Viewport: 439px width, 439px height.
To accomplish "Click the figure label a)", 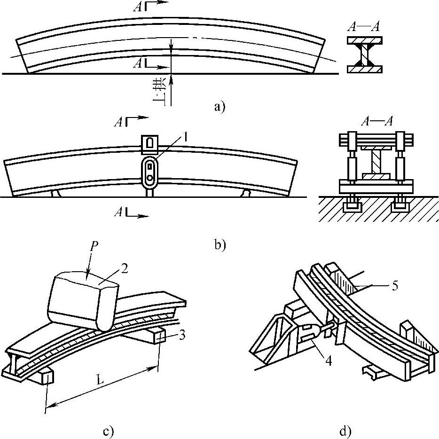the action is (219, 107).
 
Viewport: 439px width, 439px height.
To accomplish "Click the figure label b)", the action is (220, 244).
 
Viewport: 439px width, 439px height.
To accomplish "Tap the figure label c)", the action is (109, 431).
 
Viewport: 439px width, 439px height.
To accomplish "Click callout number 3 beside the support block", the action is (182, 335).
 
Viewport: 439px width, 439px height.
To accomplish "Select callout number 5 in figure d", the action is (394, 286).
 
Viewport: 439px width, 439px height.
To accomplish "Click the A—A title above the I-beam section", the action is (364, 27).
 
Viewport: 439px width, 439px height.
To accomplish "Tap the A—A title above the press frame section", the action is (377, 121).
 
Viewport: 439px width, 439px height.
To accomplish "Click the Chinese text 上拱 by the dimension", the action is (160, 92).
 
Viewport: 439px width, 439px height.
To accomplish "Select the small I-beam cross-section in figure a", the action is (365, 55).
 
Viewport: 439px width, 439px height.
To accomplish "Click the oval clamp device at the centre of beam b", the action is (150, 172).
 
